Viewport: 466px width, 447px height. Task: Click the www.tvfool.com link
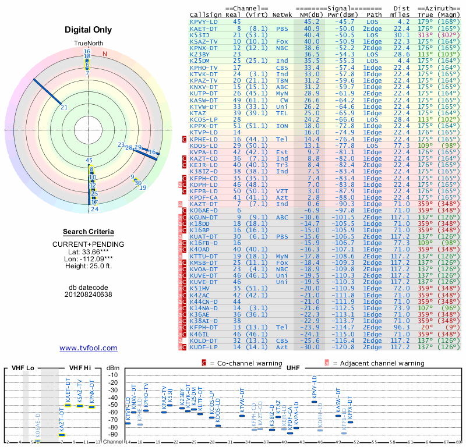[x=88, y=348]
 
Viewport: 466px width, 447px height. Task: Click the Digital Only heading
[x=88, y=30]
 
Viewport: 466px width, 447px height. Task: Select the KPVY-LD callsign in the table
[x=204, y=22]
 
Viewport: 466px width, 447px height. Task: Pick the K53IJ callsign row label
[x=201, y=35]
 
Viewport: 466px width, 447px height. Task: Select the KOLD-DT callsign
[x=204, y=340]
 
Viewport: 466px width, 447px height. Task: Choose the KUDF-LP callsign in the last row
[x=204, y=347]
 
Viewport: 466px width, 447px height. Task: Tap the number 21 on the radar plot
[x=64, y=107]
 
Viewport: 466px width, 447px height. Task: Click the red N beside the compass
[x=105, y=54]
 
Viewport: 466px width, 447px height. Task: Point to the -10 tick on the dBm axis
[x=113, y=375]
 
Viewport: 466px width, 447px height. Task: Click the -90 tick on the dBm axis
[x=113, y=435]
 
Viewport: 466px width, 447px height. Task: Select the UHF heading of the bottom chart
[x=294, y=367]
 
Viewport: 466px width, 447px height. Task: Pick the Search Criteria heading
[x=88, y=232]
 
